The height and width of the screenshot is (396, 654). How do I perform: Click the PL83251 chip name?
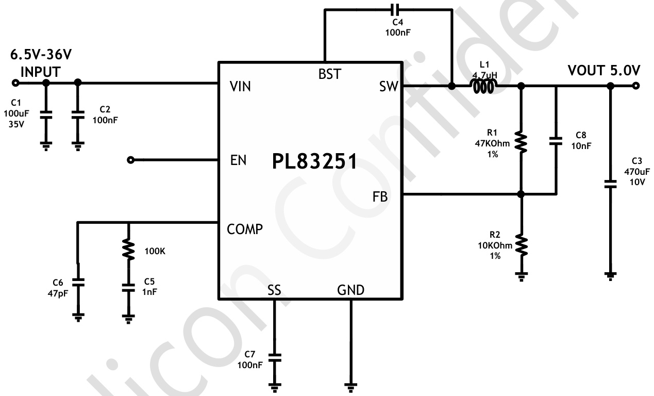(314, 161)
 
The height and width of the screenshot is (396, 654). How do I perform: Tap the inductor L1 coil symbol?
(485, 87)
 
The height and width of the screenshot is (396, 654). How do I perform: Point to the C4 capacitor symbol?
(394, 9)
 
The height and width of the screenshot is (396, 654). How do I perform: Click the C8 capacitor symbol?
(556, 141)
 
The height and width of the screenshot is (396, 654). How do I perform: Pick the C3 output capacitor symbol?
(610, 183)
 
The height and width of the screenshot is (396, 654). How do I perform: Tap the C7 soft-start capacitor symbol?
(274, 356)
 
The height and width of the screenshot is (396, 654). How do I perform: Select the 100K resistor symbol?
(127, 250)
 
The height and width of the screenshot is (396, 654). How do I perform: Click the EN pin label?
(238, 160)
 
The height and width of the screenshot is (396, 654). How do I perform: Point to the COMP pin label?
(245, 229)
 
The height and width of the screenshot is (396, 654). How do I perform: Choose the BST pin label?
(329, 74)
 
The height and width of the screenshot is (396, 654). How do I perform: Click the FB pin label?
(380, 196)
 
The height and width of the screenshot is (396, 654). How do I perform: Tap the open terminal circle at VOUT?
(636, 86)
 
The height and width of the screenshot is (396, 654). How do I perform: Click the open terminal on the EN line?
(130, 160)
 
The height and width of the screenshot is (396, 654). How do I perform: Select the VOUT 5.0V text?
(603, 70)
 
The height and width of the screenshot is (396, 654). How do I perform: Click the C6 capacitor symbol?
(78, 283)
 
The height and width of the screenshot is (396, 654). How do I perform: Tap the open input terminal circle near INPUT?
(15, 82)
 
